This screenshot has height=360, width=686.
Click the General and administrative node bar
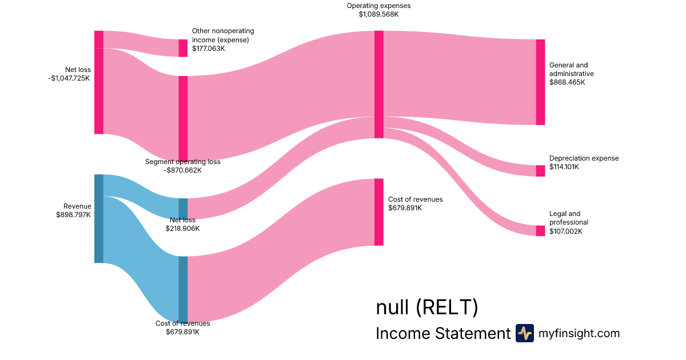click(x=540, y=82)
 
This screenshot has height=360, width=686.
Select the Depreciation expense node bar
click(x=540, y=171)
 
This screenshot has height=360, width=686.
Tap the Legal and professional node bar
click(x=540, y=231)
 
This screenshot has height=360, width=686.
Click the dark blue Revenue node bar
click(x=99, y=218)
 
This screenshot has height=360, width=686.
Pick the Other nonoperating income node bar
click(x=183, y=48)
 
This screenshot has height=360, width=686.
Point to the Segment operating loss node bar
click(x=183, y=118)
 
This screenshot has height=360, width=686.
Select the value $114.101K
click(x=564, y=167)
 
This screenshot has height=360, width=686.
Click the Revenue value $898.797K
click(x=73, y=215)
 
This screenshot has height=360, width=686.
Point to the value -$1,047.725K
click(x=69, y=78)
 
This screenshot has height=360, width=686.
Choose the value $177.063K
click(x=209, y=49)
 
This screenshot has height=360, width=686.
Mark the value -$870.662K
click(x=182, y=170)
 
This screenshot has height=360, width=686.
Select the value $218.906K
click(x=182, y=229)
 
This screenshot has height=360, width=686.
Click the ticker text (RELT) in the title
click(x=446, y=308)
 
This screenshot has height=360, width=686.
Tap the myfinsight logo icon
click(x=524, y=333)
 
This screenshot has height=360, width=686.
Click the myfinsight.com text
click(x=579, y=333)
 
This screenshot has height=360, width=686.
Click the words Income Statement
click(x=442, y=333)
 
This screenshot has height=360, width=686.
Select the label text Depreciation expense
click(x=584, y=158)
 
